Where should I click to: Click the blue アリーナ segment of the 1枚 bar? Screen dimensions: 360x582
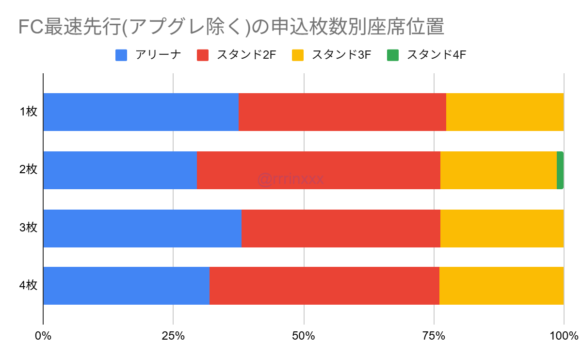pos(141,112)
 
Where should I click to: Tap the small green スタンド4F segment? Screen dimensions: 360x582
pos(560,170)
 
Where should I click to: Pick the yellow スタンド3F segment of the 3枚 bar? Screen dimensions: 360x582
pos(502,229)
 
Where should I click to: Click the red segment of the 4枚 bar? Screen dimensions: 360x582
pos(324,286)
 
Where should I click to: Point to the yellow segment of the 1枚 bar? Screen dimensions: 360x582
pos(505,112)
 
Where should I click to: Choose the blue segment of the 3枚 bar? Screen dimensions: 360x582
pos(142,229)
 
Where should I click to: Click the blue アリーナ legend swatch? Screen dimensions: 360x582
pos(121,54)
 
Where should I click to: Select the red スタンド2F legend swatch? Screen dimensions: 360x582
pos(203,54)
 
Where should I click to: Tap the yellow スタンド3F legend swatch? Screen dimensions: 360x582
pos(298,54)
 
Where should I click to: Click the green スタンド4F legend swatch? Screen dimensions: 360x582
pos(393,54)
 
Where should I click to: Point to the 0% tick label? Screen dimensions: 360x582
pos(43,335)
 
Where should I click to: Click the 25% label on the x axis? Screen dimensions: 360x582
pos(173,335)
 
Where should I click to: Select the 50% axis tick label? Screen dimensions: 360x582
pos(304,335)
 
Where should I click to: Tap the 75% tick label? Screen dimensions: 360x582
pos(434,335)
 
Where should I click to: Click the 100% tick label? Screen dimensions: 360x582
pos(564,335)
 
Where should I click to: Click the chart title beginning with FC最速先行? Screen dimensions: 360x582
pos(230,27)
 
